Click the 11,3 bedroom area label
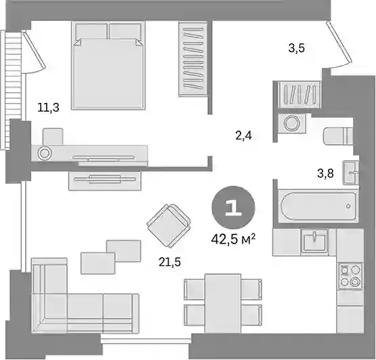pyautogui.click(x=48, y=108)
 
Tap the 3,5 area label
pyautogui.click(x=296, y=48)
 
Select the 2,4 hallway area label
pyautogui.click(x=244, y=136)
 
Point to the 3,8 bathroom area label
pyautogui.click(x=325, y=173)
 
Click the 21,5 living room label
pyautogui.click(x=169, y=263)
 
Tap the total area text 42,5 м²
pyautogui.click(x=233, y=239)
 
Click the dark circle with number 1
pyautogui.click(x=233, y=208)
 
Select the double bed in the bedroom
pyautogui.click(x=108, y=66)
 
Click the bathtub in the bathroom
pyautogui.click(x=318, y=206)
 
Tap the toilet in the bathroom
pyautogui.click(x=338, y=136)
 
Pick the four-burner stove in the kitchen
pyautogui.click(x=350, y=277)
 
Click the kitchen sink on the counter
pyautogui.click(x=314, y=241)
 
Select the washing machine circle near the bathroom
pyautogui.click(x=292, y=123)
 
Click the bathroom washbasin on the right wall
pyautogui.click(x=351, y=173)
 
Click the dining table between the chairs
pyautogui.click(x=223, y=303)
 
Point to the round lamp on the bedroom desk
pyautogui.click(x=44, y=153)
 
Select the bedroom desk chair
pyautogui.click(x=53, y=137)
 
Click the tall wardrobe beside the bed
pyautogui.click(x=193, y=59)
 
